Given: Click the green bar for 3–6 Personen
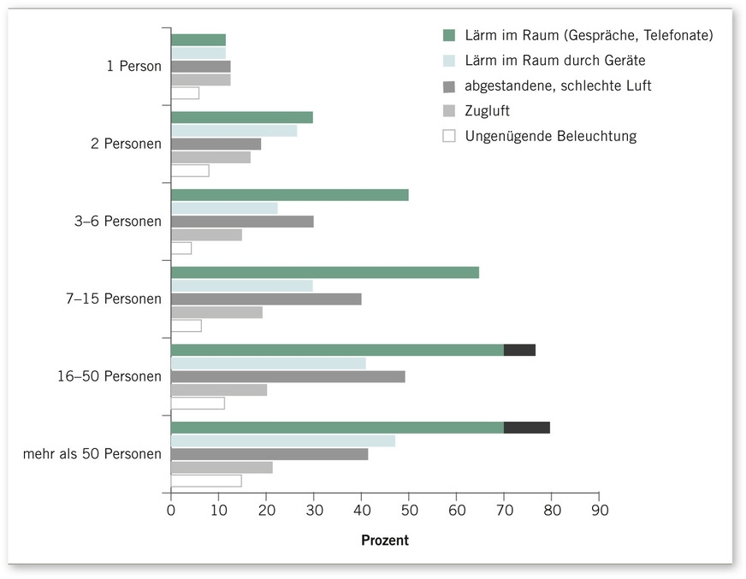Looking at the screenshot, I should (289, 195).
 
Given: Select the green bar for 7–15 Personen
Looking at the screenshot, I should (325, 273).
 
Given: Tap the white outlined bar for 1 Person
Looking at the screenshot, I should (185, 93).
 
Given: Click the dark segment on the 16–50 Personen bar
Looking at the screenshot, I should (519, 350).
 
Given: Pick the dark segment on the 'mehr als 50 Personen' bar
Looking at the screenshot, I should (527, 428).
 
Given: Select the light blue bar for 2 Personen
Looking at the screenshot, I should (234, 131).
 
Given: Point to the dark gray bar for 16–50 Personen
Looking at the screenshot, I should (287, 376).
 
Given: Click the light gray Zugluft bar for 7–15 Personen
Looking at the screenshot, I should (216, 312).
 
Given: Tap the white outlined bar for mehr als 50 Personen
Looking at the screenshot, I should (206, 481).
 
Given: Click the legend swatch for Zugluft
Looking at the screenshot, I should (449, 111).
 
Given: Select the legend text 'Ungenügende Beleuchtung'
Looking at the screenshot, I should (550, 136).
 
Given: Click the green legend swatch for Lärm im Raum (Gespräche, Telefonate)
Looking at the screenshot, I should (449, 36).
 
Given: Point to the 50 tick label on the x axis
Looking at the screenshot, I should (408, 511).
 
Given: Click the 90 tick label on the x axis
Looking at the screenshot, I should (598, 511).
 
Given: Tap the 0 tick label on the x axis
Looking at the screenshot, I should (171, 511).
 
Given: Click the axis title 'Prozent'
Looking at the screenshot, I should (385, 541).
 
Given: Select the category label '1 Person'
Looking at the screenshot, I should (133, 66).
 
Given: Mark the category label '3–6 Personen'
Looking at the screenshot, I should (117, 222).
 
